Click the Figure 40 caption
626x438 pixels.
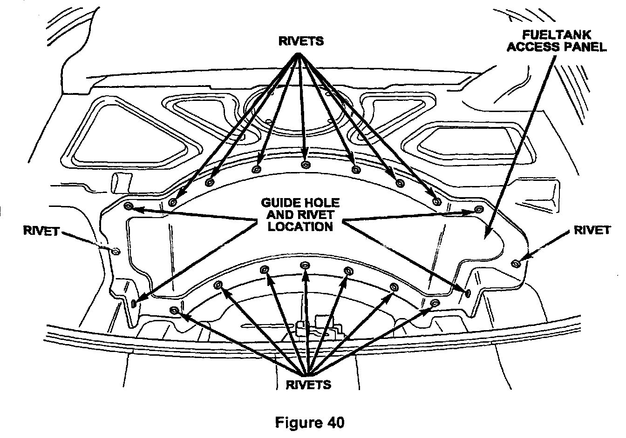(310, 422)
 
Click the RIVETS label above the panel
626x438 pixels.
(300, 41)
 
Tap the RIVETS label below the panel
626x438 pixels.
(308, 385)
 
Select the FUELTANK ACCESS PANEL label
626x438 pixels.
(556, 41)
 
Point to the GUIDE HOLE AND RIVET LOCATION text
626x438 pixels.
(300, 215)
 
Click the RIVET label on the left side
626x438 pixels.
(41, 231)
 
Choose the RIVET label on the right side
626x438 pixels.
(592, 231)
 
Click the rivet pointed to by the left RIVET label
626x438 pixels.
(116, 251)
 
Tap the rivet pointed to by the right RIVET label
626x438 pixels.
(516, 264)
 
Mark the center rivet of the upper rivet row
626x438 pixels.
(306, 165)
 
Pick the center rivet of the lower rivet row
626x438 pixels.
(306, 265)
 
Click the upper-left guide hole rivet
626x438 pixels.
(129, 206)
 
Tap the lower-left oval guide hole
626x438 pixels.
(134, 304)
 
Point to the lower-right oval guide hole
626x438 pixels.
(468, 292)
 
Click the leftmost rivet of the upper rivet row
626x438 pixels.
(173, 202)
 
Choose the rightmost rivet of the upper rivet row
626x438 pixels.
(436, 202)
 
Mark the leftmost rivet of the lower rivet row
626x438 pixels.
(174, 310)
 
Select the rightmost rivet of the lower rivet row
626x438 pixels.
(434, 303)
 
